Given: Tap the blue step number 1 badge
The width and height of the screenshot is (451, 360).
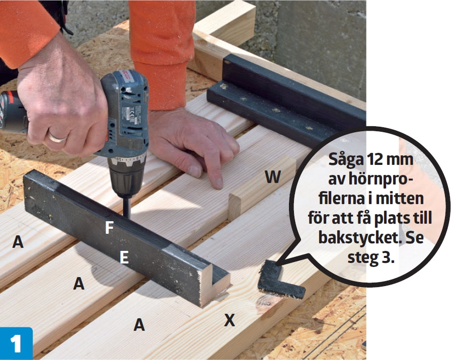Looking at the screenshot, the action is (x=16, y=343).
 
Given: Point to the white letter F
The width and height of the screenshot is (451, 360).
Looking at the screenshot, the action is (x=109, y=228).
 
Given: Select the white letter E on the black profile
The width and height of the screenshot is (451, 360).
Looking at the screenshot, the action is (x=124, y=257).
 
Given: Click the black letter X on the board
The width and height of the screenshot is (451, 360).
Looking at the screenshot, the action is (x=230, y=320).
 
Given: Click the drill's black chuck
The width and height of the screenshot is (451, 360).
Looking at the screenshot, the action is (x=126, y=178).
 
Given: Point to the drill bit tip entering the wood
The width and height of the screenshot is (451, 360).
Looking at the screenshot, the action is (x=126, y=217).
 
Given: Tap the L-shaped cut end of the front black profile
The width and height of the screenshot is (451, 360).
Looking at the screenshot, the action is (x=216, y=287).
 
